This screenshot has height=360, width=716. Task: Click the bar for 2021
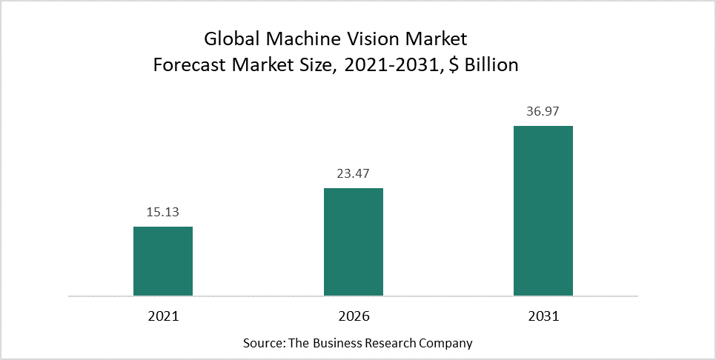click(x=163, y=261)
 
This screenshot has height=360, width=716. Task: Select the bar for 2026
click(x=354, y=241)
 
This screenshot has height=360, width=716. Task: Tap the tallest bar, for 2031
click(x=543, y=210)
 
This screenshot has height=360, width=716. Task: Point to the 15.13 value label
click(x=163, y=213)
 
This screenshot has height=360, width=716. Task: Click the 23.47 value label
click(x=354, y=174)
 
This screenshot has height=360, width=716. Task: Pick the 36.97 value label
click(x=543, y=112)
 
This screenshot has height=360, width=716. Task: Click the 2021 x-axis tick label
click(x=163, y=316)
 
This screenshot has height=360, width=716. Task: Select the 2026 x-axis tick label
click(x=354, y=316)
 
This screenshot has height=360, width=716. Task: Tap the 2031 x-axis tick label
click(x=543, y=316)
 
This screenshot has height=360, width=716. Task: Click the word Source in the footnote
click(x=262, y=343)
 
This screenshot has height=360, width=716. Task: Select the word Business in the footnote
click(x=337, y=343)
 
